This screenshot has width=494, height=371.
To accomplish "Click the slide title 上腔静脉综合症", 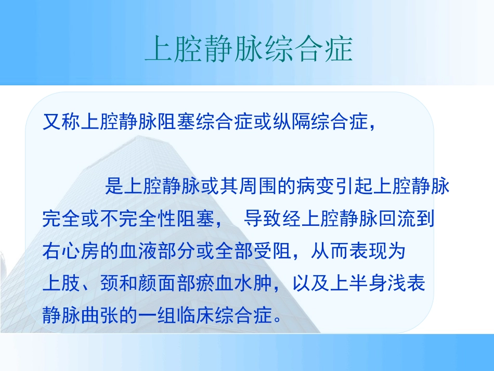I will [248, 50].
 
